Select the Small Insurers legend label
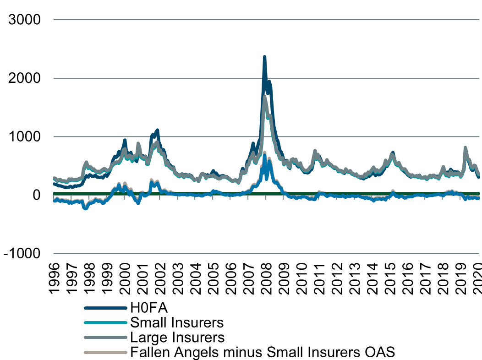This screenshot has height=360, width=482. (x=177, y=322)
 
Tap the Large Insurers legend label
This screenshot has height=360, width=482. (x=177, y=338)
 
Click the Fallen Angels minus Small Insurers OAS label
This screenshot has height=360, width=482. (x=263, y=352)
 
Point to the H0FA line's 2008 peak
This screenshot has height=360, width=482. (x=264, y=57)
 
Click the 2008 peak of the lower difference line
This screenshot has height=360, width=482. (x=264, y=155)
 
